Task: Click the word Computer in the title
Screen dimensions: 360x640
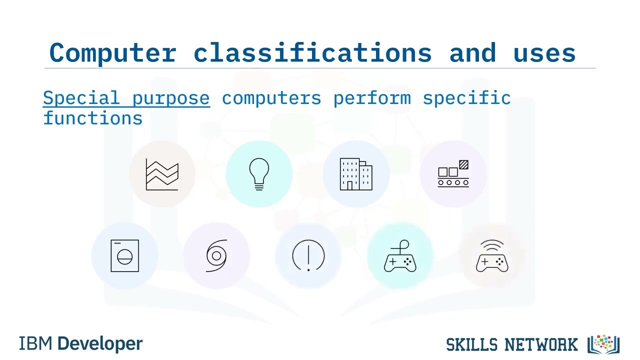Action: pos(112,53)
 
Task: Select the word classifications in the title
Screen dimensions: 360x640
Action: pos(312,53)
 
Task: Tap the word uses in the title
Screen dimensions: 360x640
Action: pos(544,53)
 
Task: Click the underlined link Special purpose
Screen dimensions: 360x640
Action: pos(126,98)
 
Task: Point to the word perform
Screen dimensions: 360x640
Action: pos(372,98)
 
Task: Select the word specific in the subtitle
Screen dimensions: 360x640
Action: pos(466,98)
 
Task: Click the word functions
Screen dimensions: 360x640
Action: pos(93,118)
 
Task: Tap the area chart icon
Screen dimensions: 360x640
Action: pos(162,174)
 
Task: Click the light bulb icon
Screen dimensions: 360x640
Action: pos(259,174)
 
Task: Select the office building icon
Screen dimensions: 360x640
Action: pos(356,174)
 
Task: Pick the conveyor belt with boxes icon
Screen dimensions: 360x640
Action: pos(453,174)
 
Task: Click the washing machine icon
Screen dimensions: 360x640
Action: pos(124,256)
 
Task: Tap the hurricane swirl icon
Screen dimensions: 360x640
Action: pos(216,256)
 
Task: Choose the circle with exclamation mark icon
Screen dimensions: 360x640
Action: pos(308,256)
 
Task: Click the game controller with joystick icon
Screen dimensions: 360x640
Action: pos(400,256)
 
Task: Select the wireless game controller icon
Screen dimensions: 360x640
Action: pos(492,256)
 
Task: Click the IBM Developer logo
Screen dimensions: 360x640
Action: pos(81,344)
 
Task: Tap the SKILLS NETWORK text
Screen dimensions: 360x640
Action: pos(511,344)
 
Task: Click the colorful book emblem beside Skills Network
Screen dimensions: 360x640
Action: pos(603,344)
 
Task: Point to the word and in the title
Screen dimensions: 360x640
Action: pos(472,53)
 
